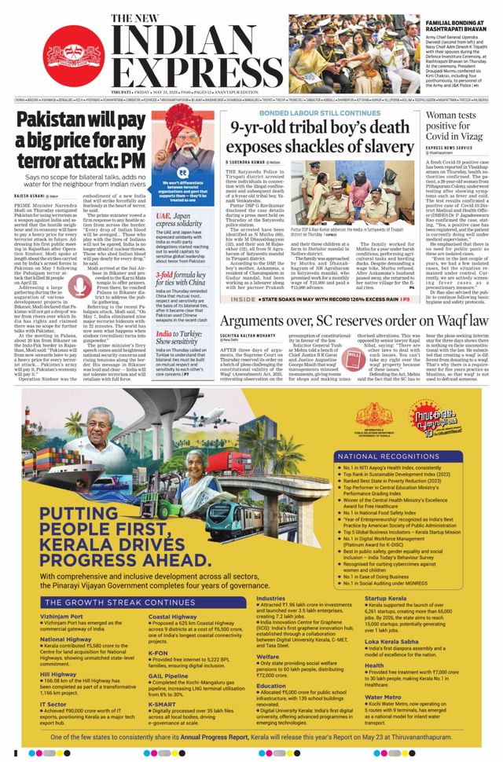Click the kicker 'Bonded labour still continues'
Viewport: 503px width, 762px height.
tap(310, 113)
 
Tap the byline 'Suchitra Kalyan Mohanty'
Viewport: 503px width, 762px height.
tap(255, 338)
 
